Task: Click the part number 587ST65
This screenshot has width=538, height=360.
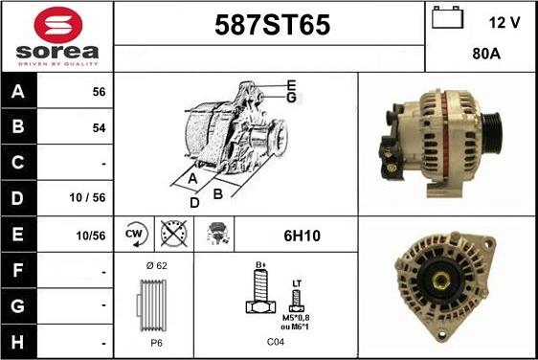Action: (x=269, y=27)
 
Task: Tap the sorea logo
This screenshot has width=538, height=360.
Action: (x=56, y=35)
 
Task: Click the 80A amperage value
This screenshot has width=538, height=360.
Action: (x=487, y=55)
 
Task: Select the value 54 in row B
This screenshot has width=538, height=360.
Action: (x=98, y=126)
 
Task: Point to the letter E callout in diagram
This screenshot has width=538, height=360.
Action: (x=290, y=84)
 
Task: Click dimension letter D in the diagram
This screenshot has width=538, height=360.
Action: (x=194, y=203)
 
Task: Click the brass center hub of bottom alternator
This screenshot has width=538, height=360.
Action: (x=445, y=282)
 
